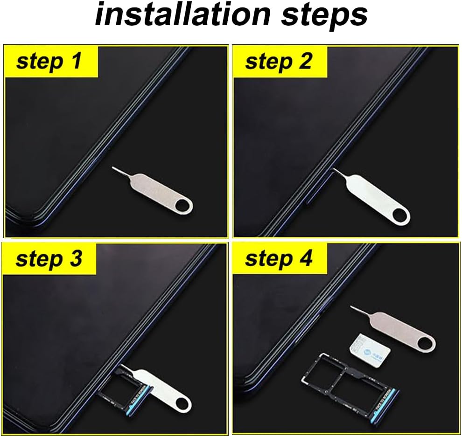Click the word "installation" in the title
(182, 15)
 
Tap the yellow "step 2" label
(279, 61)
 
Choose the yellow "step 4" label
(279, 259)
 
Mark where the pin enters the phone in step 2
(332, 171)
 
